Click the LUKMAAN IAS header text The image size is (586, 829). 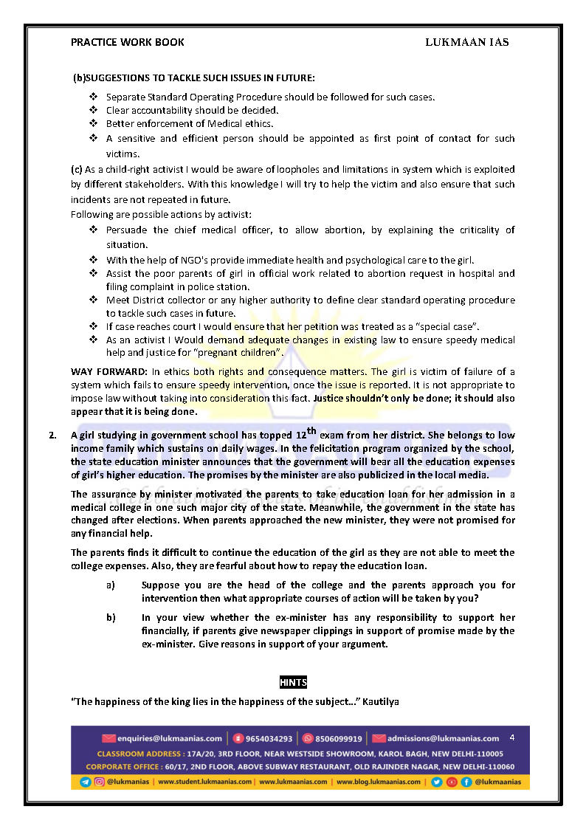[x=466, y=42]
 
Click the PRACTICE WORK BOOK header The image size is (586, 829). [x=128, y=42]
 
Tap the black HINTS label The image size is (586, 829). [x=293, y=683]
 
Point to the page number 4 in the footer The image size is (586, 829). [x=512, y=737]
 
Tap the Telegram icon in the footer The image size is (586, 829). [x=86, y=782]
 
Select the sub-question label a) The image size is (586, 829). [x=111, y=585]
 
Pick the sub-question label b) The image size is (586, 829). [x=111, y=617]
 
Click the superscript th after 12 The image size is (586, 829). [x=311, y=431]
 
